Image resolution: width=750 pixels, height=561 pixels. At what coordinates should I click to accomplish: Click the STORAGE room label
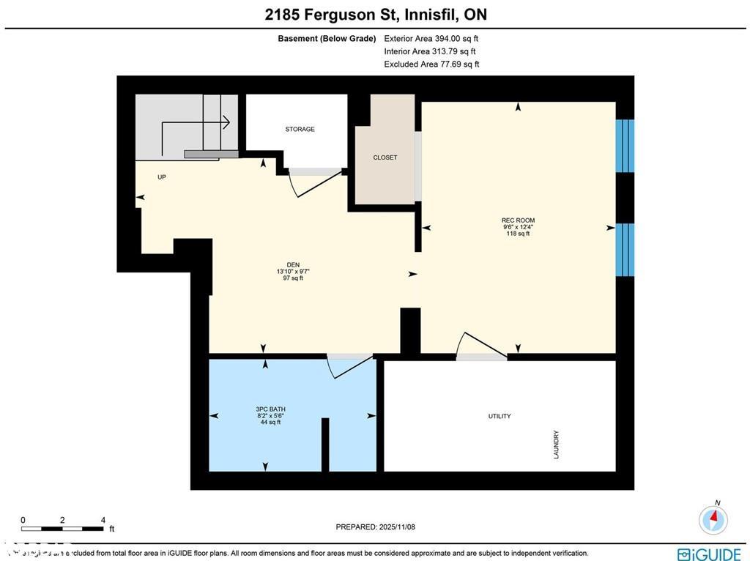300,129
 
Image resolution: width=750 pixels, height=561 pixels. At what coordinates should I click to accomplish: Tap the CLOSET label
385,157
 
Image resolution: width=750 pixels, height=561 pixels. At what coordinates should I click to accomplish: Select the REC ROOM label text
518,220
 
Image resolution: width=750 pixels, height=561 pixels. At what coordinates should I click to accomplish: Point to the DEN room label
293,265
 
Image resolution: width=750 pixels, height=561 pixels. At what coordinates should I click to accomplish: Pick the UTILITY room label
500,416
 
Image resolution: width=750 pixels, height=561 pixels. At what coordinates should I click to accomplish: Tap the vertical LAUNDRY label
557,445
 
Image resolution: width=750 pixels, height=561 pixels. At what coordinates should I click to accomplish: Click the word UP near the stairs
162,177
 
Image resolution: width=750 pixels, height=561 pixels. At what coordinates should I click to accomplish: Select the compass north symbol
713,519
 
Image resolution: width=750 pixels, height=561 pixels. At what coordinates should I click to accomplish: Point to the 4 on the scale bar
103,519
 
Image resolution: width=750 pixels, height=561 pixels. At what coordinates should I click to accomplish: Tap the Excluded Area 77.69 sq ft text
431,64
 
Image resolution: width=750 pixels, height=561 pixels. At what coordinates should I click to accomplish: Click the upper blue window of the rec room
625,146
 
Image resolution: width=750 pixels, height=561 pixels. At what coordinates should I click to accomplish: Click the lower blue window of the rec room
625,250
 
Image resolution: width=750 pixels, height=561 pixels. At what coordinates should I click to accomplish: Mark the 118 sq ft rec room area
518,234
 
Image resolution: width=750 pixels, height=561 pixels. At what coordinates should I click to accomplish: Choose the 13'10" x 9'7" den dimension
293,272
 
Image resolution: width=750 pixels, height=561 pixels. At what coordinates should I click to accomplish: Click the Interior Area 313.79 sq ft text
430,51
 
